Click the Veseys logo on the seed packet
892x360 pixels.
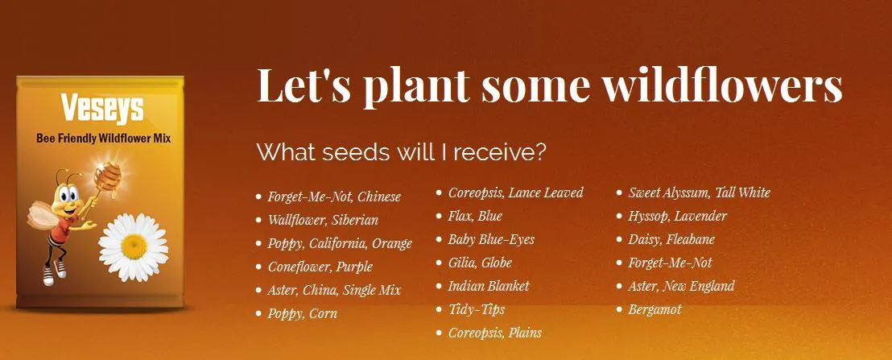(102, 109)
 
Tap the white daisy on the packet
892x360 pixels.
(134, 247)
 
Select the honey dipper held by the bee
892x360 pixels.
(102, 181)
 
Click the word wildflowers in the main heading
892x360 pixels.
(722, 85)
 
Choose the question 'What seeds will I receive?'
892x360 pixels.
(401, 152)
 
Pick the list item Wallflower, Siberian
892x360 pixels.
(323, 220)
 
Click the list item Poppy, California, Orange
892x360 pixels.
(340, 243)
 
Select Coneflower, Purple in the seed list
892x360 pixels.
(320, 267)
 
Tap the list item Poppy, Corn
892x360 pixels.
(302, 313)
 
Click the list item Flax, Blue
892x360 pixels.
(475, 216)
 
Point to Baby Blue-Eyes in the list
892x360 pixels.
(491, 239)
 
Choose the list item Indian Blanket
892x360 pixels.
(489, 285)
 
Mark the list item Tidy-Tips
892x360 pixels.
(476, 309)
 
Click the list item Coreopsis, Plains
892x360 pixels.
(495, 333)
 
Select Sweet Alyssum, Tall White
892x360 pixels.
(699, 192)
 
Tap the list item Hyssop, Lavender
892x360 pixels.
(678, 216)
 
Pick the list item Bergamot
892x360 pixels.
(655, 310)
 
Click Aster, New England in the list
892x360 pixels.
(682, 286)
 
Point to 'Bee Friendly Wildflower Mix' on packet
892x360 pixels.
(104, 139)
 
